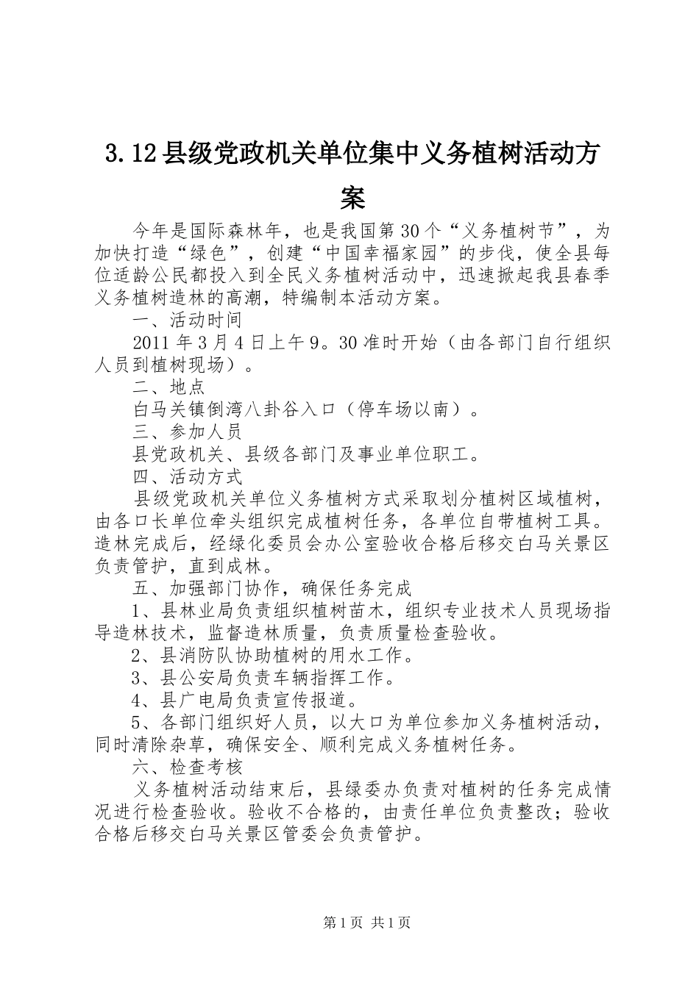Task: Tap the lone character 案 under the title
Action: pyautogui.click(x=353, y=197)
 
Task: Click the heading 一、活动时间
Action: pyautogui.click(x=187, y=320)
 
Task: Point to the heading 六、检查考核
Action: pyautogui.click(x=187, y=767)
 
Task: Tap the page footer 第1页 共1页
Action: pyautogui.click(x=366, y=923)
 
